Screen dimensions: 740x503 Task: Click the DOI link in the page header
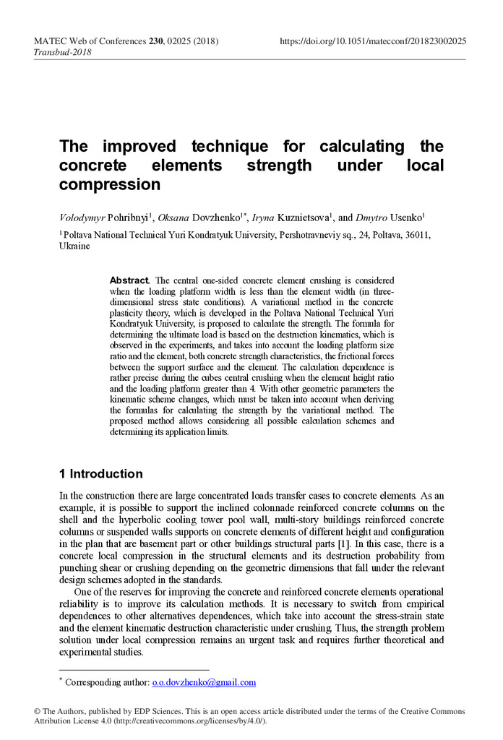[373, 41]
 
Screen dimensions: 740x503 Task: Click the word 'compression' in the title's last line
[110, 184]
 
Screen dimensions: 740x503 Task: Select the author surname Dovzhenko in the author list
[213, 217]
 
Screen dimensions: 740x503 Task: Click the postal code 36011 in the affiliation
[418, 235]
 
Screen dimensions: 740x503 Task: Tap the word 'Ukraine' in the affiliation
[75, 246]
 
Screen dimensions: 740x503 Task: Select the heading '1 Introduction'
[101, 474]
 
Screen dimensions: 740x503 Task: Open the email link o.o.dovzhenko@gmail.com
[205, 682]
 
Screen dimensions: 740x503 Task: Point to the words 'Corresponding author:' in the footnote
[107, 682]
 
